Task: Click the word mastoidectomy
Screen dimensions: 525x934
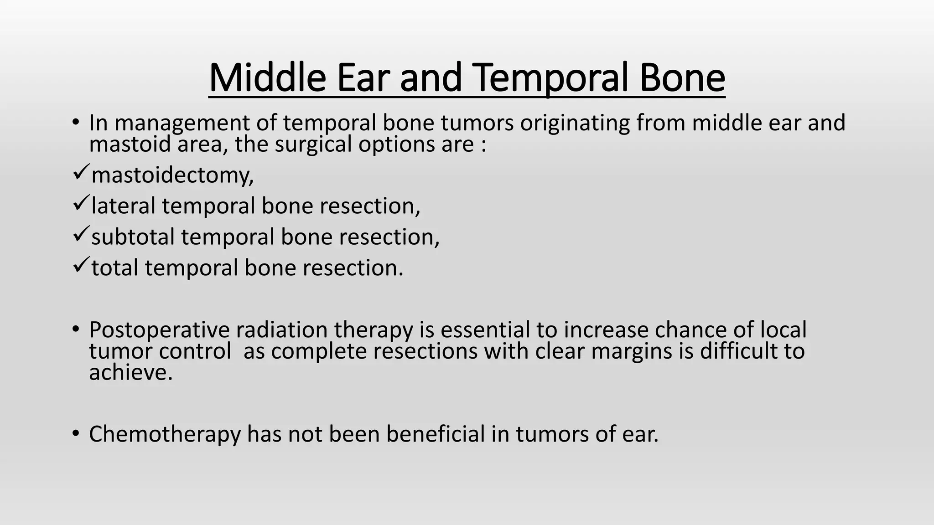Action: click(172, 175)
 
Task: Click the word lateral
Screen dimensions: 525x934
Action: click(124, 206)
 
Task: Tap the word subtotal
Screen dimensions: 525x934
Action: click(133, 237)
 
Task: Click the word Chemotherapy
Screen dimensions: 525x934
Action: click(165, 434)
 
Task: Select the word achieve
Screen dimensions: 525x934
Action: click(130, 373)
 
